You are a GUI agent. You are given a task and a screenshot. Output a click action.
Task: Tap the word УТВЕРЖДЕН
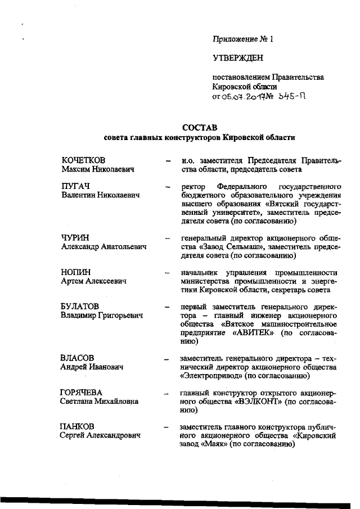tap(238, 57)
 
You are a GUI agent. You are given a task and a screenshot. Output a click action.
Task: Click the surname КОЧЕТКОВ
tap(84, 160)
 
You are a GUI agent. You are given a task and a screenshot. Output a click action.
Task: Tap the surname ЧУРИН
tap(75, 237)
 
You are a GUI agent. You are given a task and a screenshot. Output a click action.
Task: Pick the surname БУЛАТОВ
tap(80, 306)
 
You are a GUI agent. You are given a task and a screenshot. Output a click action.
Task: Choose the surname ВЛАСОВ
tap(77, 357)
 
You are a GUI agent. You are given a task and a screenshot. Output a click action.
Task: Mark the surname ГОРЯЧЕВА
tap(82, 392)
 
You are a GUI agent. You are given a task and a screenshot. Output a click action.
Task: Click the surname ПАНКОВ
tap(78, 426)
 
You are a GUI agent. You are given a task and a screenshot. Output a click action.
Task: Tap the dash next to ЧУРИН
tap(167, 238)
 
